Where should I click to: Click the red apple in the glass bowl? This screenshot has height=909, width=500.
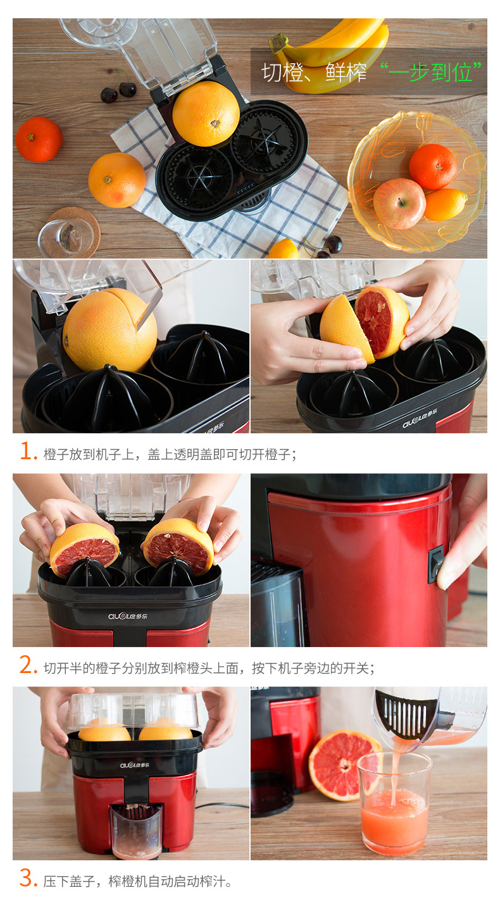[x=399, y=204]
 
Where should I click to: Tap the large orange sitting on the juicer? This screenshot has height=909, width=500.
[x=206, y=114]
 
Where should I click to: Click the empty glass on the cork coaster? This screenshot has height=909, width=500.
[x=66, y=238]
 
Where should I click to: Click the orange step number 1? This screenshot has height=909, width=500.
[x=28, y=451]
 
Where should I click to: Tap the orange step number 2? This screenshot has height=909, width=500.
[x=28, y=665]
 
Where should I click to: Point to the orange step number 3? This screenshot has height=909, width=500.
[x=28, y=879]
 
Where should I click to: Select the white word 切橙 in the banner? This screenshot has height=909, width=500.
[x=282, y=73]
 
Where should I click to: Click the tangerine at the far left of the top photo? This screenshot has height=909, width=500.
[x=39, y=139]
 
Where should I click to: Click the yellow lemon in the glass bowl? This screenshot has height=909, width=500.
[x=446, y=204]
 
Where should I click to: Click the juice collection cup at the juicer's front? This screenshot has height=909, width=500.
[x=137, y=831]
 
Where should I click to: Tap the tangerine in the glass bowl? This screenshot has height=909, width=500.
[x=432, y=166]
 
